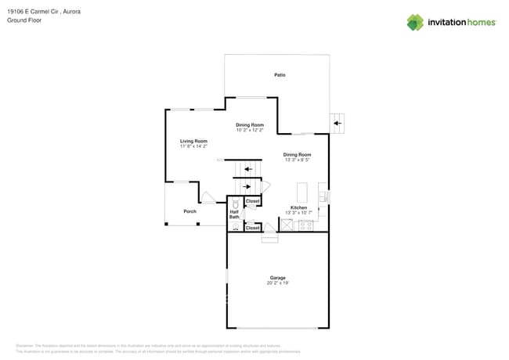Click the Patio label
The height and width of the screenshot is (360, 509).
point(280,75)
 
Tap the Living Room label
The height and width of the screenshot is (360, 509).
point(193,141)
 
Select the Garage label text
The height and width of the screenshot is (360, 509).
point(278,277)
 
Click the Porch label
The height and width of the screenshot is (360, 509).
point(190,211)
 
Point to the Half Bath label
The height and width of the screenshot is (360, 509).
point(234,214)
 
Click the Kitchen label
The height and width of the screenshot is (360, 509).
point(298,207)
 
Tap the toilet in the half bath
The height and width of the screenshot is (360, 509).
point(234,202)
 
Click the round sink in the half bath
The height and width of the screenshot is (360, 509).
point(234,227)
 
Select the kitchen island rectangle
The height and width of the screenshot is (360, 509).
point(302,193)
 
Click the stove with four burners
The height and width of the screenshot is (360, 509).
point(305,225)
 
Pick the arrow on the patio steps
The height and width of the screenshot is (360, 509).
point(338,123)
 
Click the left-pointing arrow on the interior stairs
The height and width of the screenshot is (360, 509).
point(248,168)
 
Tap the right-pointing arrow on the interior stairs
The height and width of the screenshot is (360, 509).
point(247,186)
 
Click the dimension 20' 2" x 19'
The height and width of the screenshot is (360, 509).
point(278,283)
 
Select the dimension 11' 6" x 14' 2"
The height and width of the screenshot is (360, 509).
point(193,146)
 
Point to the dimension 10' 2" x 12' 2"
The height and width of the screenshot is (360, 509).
point(250,130)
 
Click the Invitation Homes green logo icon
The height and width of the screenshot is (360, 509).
point(415,22)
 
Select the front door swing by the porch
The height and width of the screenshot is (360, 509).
point(208,198)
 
